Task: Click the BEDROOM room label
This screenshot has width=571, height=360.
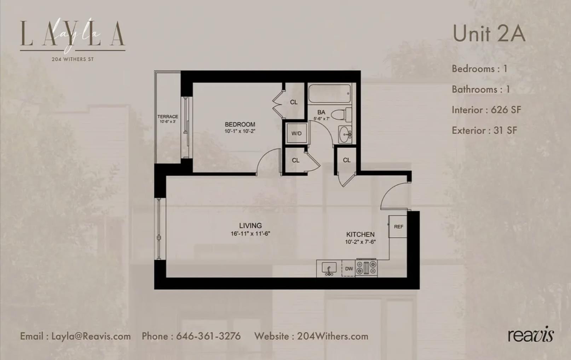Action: pyautogui.click(x=240, y=124)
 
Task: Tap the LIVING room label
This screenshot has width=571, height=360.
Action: pyautogui.click(x=250, y=226)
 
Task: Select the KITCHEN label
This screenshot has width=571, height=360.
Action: pyautogui.click(x=360, y=234)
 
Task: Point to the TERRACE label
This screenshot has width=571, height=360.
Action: pyautogui.click(x=168, y=117)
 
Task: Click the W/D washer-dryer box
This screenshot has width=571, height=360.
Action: pyautogui.click(x=296, y=133)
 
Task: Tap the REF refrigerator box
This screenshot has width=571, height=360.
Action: pyautogui.click(x=398, y=227)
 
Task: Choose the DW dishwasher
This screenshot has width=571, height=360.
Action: pyautogui.click(x=349, y=269)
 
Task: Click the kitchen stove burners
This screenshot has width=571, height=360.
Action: pyautogui.click(x=367, y=268)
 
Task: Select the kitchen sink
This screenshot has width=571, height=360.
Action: pyautogui.click(x=329, y=268)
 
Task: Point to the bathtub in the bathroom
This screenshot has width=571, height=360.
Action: pyautogui.click(x=329, y=93)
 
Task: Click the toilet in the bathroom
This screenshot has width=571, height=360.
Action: pyautogui.click(x=342, y=115)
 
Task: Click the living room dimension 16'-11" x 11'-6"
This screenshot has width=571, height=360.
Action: pyautogui.click(x=250, y=233)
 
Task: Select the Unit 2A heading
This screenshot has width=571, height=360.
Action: pyautogui.click(x=489, y=34)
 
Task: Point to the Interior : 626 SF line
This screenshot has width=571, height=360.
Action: pyautogui.click(x=486, y=110)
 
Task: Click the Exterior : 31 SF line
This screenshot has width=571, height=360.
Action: pyautogui.click(x=484, y=130)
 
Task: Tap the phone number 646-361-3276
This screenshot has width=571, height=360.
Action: pyautogui.click(x=208, y=336)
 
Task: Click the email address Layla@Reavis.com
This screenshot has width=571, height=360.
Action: pyautogui.click(x=91, y=336)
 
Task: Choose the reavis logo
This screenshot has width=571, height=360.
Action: pyautogui.click(x=531, y=334)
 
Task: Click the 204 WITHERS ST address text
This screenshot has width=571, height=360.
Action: pyautogui.click(x=73, y=59)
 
